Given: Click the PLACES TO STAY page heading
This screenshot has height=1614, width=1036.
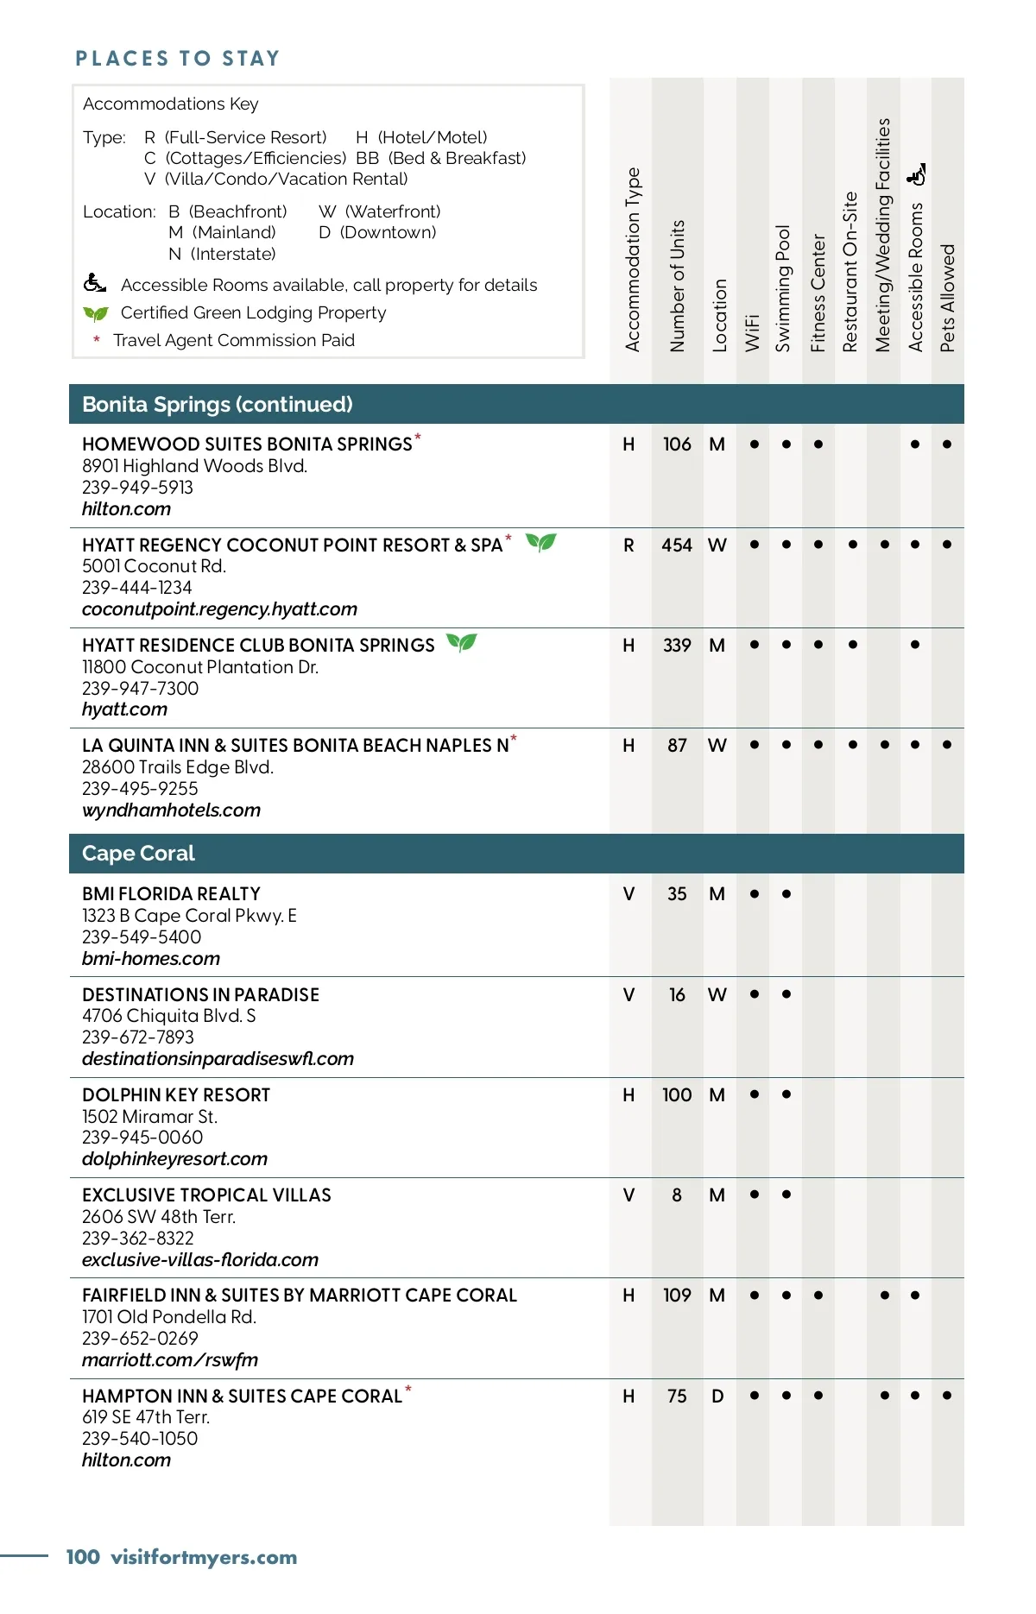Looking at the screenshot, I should (178, 59).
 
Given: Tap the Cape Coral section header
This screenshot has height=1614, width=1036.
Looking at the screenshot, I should (138, 854).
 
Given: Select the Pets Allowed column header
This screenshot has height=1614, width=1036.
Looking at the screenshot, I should (948, 298).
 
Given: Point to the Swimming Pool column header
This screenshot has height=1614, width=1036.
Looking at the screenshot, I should (783, 288).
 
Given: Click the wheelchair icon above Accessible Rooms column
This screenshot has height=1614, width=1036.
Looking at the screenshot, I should (917, 175).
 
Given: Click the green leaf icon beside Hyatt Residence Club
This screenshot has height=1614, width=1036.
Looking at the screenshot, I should (462, 643).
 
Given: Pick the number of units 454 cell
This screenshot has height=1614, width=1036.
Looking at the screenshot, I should (677, 545).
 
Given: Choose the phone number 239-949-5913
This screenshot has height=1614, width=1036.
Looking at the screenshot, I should (137, 488).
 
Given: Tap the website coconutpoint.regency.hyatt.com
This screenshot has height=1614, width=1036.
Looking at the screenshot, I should (219, 609).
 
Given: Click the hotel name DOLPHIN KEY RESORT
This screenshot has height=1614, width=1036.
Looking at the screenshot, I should (176, 1095).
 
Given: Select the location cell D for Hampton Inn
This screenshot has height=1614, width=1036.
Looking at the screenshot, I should (717, 1396).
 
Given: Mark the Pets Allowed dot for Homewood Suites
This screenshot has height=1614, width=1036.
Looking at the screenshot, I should (947, 444).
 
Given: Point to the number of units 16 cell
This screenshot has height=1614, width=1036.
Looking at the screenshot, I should (677, 995).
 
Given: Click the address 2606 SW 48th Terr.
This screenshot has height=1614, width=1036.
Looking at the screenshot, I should (159, 1217).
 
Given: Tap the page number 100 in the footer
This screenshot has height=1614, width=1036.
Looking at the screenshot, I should (83, 1557).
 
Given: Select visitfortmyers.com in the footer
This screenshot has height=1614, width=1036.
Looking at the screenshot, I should (204, 1557).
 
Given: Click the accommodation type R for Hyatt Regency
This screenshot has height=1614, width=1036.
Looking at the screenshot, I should (629, 545).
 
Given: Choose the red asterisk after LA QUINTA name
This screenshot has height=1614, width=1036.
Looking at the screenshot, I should (514, 739).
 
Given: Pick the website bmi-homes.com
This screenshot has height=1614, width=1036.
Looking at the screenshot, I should (151, 959).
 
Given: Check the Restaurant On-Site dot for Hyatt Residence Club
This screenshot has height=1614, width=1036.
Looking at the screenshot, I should (853, 645).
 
